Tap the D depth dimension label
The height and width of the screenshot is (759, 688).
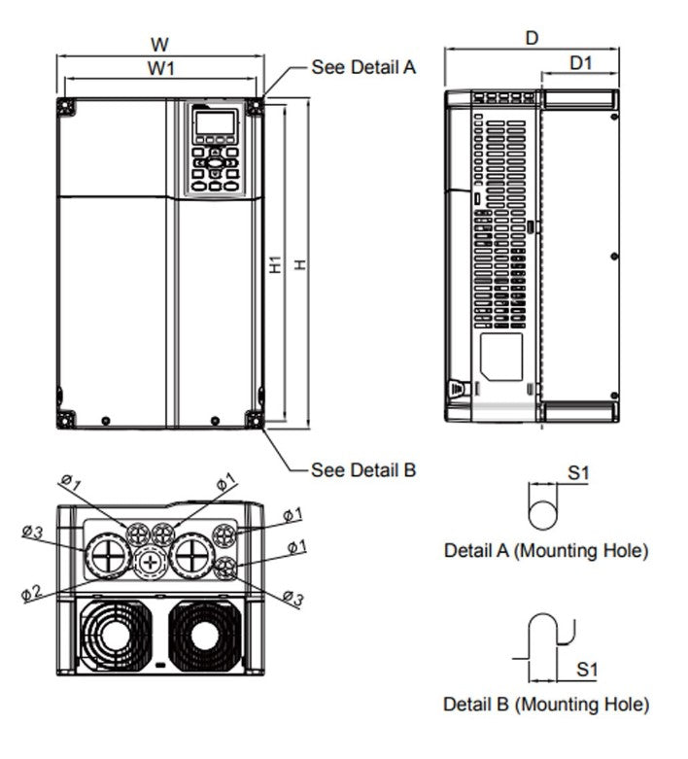coord(532,38)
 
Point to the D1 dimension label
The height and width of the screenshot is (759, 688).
coord(581,63)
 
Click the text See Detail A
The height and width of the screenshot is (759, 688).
coord(363,67)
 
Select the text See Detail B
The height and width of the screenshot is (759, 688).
coord(363,470)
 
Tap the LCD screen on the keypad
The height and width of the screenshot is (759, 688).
coord(215,124)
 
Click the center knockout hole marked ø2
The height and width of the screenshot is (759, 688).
coord(149,563)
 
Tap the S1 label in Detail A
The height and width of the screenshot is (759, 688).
coord(579,473)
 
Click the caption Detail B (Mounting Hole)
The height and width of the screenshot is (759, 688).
coord(545,704)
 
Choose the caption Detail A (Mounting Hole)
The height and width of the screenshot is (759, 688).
coord(545,550)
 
